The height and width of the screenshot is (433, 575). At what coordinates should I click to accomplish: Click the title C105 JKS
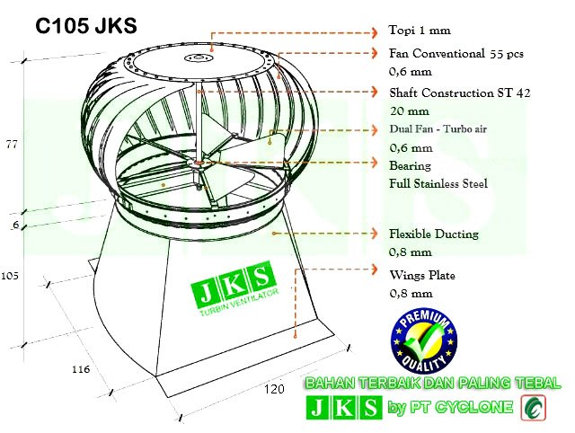86,27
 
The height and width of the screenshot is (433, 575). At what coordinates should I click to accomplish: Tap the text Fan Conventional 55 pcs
456,53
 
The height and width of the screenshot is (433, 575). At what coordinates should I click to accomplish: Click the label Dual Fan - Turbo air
438,129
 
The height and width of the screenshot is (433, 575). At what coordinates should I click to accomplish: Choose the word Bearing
411,166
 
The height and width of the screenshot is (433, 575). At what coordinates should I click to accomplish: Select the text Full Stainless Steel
438,184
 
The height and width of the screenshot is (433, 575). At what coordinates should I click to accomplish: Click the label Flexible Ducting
433,234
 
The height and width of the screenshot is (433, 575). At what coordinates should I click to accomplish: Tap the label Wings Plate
421,275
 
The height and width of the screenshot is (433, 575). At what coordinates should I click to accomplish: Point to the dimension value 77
12,145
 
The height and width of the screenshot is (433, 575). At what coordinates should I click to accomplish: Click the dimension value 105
11,275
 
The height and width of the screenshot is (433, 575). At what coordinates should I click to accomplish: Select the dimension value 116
79,369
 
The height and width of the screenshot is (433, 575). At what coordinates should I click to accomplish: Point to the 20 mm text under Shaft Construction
409,111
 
